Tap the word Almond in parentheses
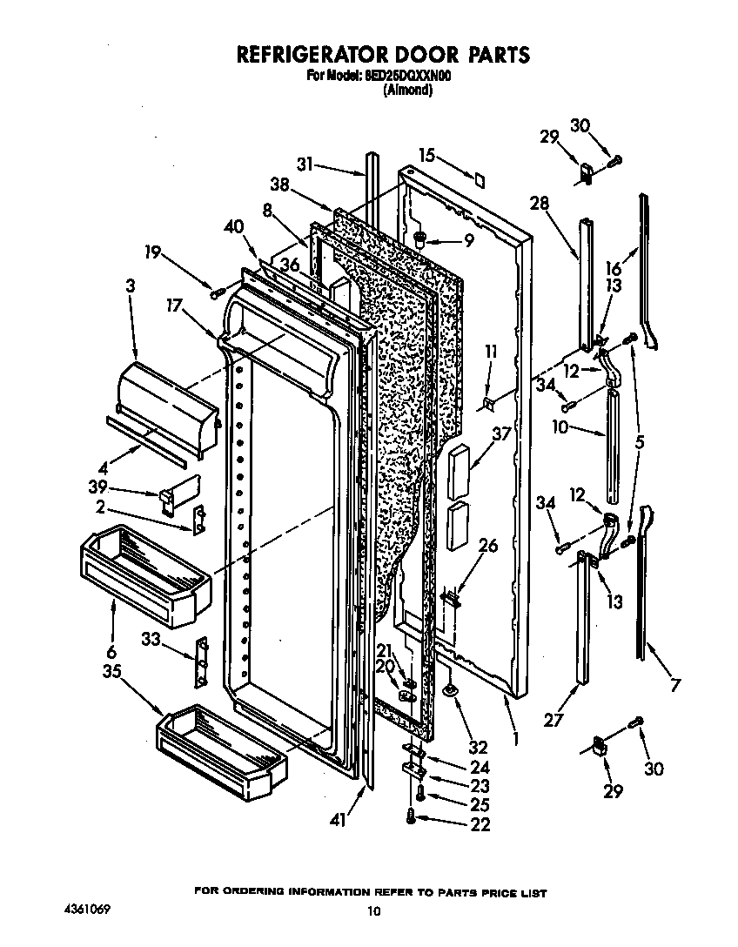(408, 89)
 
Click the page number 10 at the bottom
(373, 911)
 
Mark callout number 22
(480, 824)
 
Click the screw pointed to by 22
(412, 816)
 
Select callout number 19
(152, 252)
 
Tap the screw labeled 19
(216, 293)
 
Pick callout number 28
(540, 204)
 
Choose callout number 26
(489, 546)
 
